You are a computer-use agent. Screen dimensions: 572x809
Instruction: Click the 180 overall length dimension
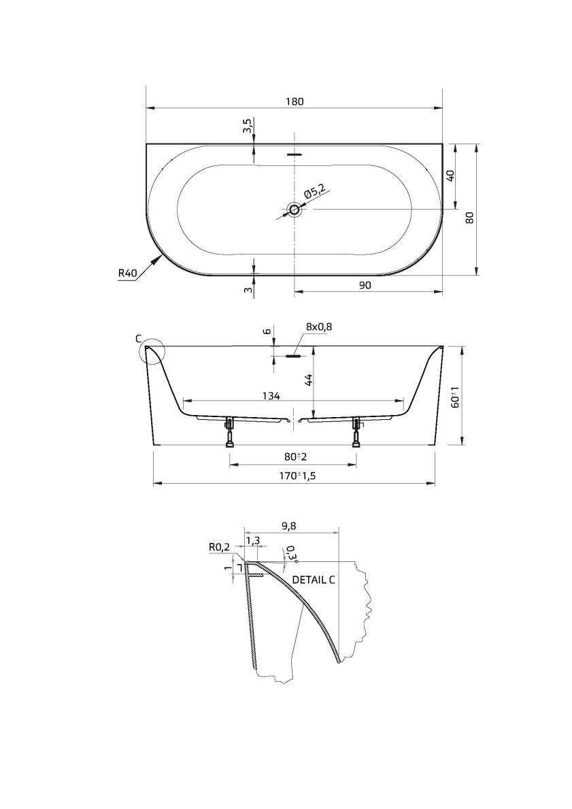(x=295, y=101)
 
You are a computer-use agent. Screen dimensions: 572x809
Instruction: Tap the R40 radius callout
(x=127, y=273)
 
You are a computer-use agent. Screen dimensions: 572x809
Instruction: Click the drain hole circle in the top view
(x=295, y=210)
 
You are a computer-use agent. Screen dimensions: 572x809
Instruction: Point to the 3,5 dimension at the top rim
(x=248, y=126)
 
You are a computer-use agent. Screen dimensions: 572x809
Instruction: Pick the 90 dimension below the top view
(x=365, y=285)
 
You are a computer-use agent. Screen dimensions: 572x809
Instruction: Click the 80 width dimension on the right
(x=469, y=218)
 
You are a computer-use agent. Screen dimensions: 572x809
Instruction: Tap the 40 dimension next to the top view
(x=450, y=176)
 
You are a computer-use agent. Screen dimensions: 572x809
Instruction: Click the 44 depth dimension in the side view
(x=308, y=380)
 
